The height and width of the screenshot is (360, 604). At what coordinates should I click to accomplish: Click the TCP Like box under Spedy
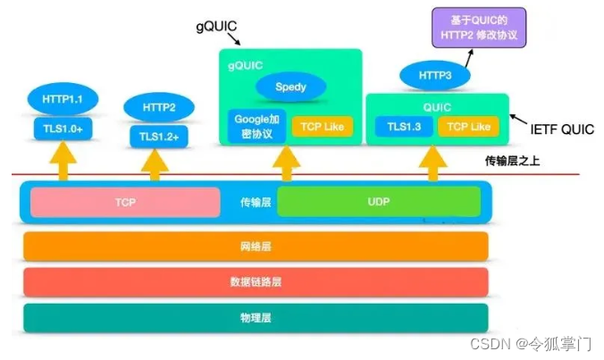coord(323,126)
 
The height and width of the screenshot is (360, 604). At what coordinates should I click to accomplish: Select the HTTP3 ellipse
coord(434,76)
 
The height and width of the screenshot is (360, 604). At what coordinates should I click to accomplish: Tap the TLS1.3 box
coord(403,126)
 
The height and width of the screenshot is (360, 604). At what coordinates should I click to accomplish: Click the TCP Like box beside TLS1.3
coord(468,126)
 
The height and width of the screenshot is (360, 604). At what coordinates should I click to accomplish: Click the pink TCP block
coord(125,203)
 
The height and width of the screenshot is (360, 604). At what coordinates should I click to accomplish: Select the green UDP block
coord(379,203)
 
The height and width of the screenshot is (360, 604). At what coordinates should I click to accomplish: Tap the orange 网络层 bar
coord(256,245)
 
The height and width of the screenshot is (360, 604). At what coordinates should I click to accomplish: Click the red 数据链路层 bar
coord(256,281)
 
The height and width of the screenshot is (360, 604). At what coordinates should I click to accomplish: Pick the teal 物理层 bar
coord(256,317)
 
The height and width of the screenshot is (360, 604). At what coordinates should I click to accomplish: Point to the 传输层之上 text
coord(508,162)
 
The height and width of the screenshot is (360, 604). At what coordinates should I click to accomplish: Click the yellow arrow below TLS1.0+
coord(63,163)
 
